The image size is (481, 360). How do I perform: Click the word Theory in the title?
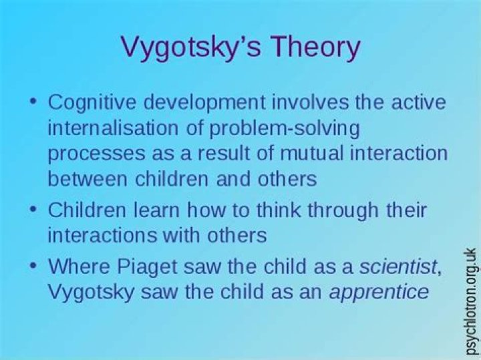[310, 48]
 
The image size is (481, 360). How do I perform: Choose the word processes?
[92, 154]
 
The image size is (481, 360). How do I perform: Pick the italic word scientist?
[399, 267]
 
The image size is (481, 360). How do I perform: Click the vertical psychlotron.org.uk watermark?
[471, 301]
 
